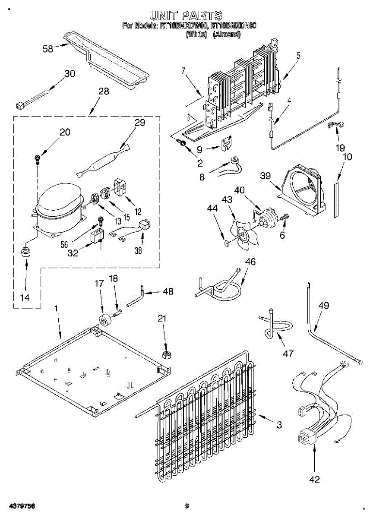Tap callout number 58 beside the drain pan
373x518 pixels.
tap(48, 49)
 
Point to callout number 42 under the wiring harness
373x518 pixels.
tap(315, 479)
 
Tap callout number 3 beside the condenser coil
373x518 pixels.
tap(279, 425)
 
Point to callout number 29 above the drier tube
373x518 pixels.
tap(139, 122)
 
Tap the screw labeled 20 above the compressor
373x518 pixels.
tap(38, 159)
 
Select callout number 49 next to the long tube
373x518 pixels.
tap(323, 306)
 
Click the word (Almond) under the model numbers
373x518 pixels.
tap(226, 34)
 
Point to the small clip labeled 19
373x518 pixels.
tap(332, 125)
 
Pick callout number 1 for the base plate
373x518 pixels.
tap(56, 309)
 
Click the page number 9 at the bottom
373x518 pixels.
tap(187, 506)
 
